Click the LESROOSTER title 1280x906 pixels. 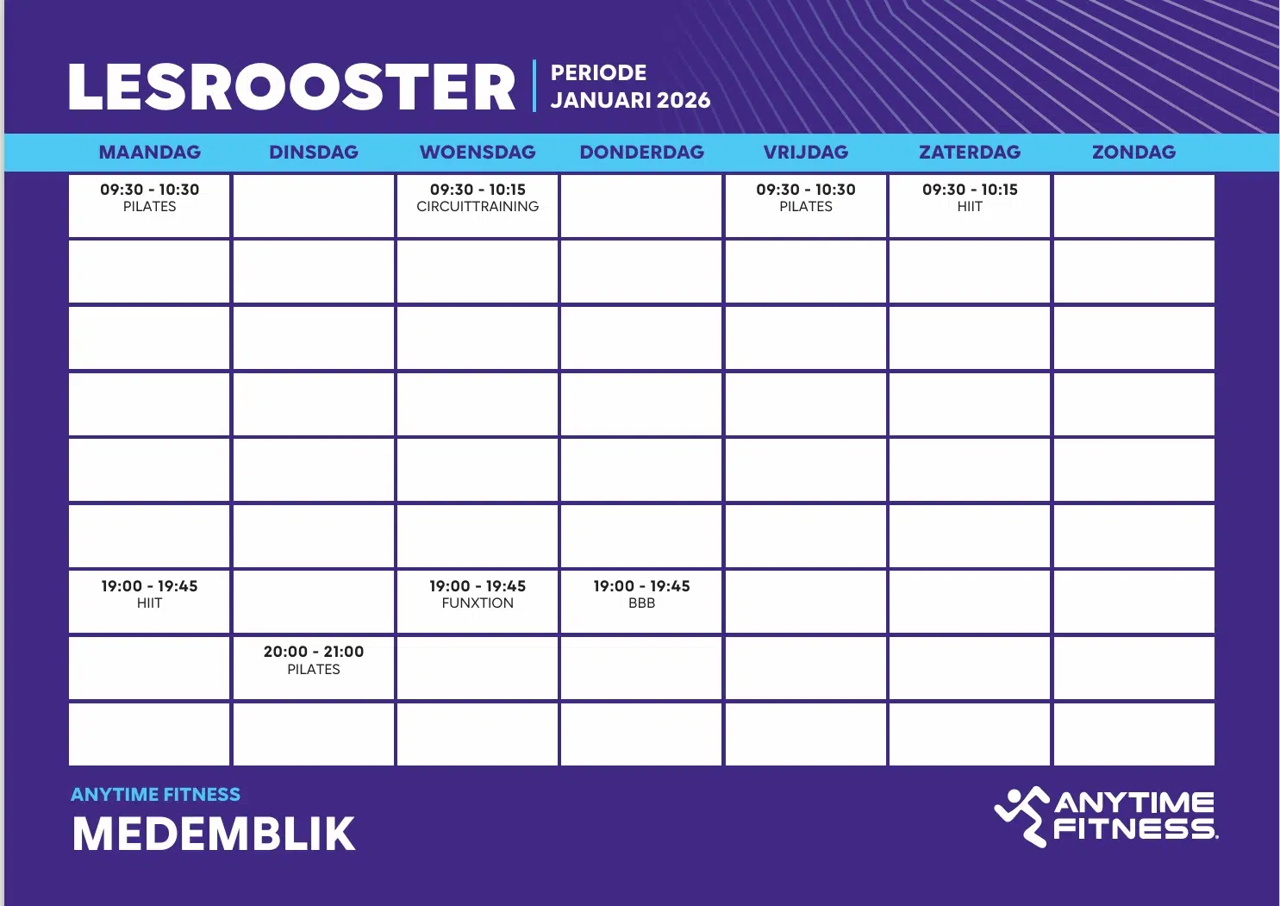click(x=291, y=87)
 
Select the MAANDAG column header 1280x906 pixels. click(x=150, y=153)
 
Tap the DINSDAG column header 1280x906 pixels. click(x=314, y=153)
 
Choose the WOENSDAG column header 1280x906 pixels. click(x=478, y=153)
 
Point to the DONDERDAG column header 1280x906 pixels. click(x=642, y=153)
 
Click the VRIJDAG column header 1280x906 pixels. click(x=806, y=153)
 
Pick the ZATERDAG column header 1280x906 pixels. click(x=970, y=153)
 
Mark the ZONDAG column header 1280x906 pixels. click(x=1133, y=153)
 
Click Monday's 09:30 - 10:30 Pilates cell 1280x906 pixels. click(x=150, y=206)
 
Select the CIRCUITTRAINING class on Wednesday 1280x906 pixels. click(x=478, y=206)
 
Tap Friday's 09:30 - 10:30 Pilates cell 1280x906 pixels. click(x=806, y=206)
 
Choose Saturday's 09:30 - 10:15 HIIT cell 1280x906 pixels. click(x=970, y=206)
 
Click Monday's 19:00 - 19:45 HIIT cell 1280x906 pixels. click(x=150, y=602)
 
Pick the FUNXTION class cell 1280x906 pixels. click(x=478, y=602)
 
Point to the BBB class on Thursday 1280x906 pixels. click(x=642, y=602)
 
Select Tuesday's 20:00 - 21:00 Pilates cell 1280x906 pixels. click(x=314, y=668)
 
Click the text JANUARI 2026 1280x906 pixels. click(x=630, y=101)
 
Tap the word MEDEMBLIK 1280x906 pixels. click(x=214, y=834)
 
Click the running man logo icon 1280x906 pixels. click(x=1022, y=816)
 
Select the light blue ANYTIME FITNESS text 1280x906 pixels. click(x=156, y=795)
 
